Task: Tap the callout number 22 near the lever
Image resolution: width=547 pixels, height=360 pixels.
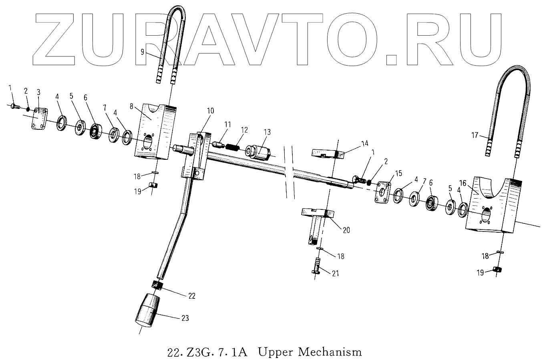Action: point(192,296)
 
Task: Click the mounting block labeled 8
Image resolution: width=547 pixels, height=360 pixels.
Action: point(154,130)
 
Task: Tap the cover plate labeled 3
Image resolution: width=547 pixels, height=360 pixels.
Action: point(38,119)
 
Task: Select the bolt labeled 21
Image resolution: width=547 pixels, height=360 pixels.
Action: point(317,266)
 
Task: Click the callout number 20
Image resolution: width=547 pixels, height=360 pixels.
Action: point(346,230)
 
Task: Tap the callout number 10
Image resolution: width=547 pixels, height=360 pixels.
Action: point(211,111)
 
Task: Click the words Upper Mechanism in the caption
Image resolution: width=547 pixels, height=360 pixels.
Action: point(310,352)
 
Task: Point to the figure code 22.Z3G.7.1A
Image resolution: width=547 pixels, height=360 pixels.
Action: point(208,352)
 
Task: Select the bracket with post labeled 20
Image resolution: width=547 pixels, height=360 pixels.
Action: point(316,224)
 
